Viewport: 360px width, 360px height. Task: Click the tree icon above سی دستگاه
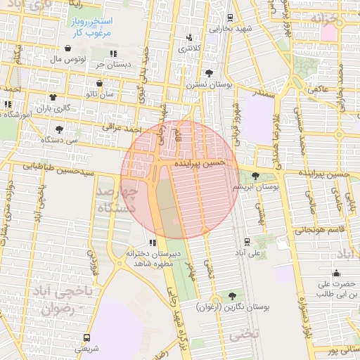click(59, 129)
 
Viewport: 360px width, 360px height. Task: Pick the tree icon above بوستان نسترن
click(209, 72)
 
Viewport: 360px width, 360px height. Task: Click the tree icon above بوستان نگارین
click(232, 295)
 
